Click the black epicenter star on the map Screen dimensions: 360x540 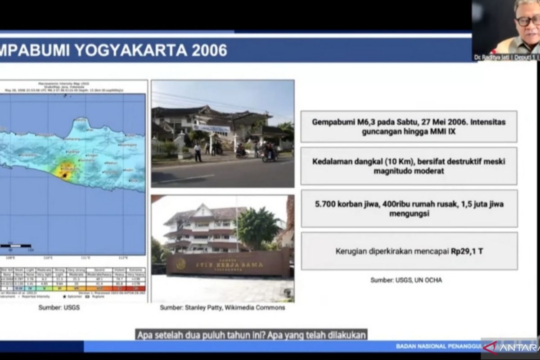(x=66, y=175)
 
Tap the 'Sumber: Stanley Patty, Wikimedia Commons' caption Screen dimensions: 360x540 (x=222, y=308)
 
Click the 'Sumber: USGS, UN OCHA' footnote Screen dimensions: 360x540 (x=406, y=280)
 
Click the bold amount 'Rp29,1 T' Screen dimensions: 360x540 (x=467, y=251)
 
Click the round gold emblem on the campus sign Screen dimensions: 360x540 (x=181, y=264)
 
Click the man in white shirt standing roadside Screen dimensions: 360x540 (x=198, y=152)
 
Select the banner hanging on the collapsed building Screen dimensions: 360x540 (x=211, y=128)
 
